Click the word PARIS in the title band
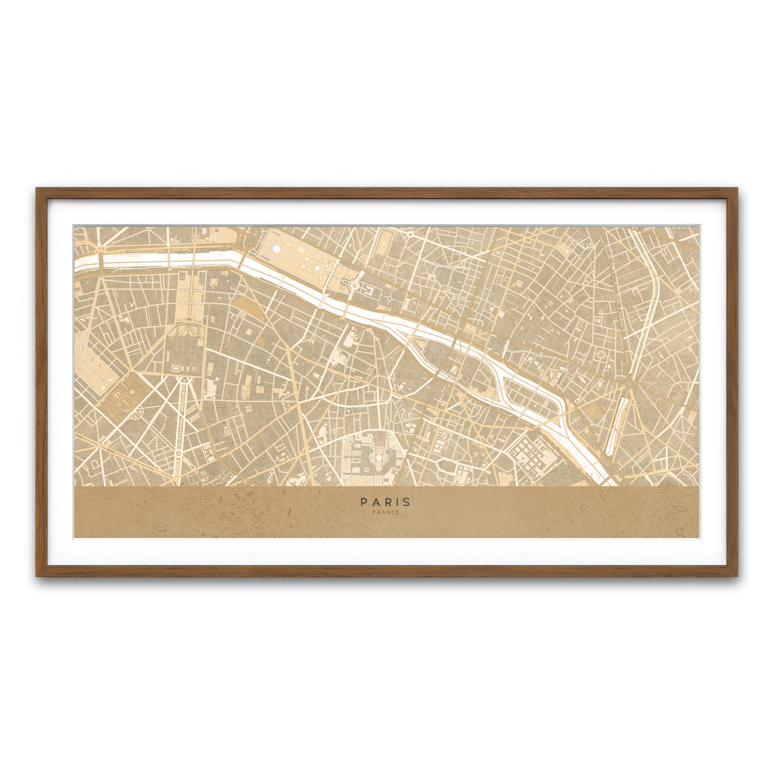pos(385,502)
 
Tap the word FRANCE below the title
pos(385,513)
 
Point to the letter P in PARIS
pos(364,502)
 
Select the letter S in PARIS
pos(407,502)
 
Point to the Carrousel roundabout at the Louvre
pos(354,285)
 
